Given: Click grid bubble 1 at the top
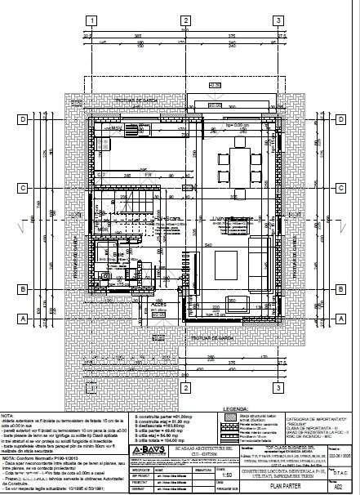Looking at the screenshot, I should click(x=95, y=21).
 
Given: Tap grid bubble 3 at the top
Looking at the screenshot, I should click(x=278, y=21).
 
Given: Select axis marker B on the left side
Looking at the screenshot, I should click(x=24, y=289).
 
